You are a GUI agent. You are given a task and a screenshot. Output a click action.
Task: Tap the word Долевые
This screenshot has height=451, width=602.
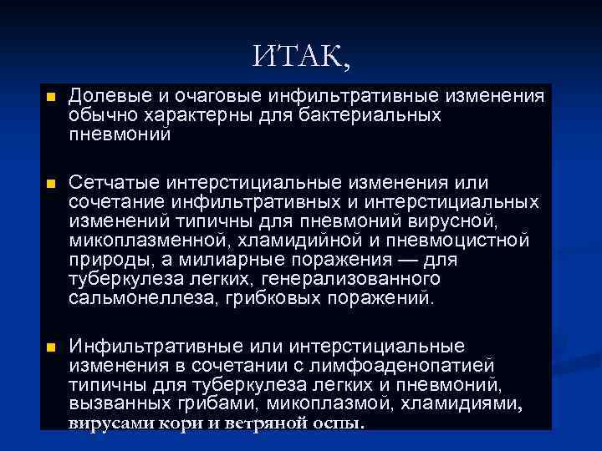point(108,98)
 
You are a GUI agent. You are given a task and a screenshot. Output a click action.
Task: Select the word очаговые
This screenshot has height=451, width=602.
point(209,98)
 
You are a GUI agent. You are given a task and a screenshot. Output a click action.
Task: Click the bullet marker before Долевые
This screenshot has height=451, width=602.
point(50,98)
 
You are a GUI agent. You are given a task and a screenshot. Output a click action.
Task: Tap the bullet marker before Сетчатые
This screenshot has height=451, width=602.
point(50,183)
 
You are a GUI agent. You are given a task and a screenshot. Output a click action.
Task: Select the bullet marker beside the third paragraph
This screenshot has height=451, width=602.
point(50,347)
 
